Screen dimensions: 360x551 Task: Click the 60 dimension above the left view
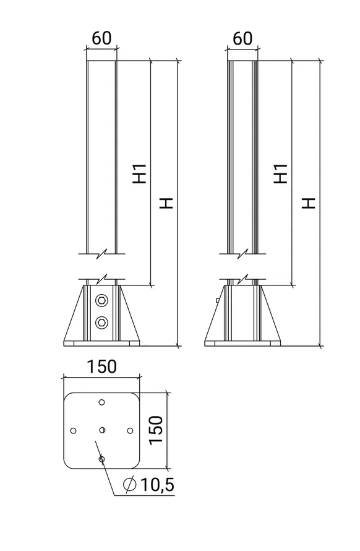point(101,38)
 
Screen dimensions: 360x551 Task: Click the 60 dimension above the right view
point(242,38)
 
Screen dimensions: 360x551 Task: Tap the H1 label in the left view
point(139,173)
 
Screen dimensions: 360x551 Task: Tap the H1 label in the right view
point(281,173)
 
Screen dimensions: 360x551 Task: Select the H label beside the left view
point(166,203)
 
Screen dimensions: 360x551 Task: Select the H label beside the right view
point(309,203)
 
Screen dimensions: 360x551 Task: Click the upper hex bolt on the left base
point(102,300)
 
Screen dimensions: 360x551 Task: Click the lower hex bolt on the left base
point(102,322)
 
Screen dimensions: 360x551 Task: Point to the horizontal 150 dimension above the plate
point(102,367)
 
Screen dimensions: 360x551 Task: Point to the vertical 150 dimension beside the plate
point(156,430)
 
